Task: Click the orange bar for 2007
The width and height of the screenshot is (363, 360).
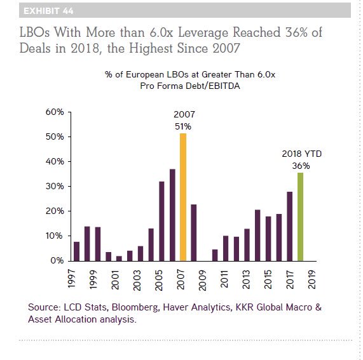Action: [x=183, y=197]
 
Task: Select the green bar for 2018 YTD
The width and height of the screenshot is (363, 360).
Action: [x=300, y=217]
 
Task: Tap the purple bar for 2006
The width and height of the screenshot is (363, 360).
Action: [x=172, y=215]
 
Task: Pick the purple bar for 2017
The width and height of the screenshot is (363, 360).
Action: [x=290, y=227]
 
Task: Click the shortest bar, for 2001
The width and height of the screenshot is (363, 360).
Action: [x=119, y=258]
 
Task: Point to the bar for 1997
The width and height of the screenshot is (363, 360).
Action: [x=76, y=251]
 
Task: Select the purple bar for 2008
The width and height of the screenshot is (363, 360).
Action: [x=194, y=233]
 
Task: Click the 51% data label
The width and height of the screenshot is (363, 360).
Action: [x=183, y=126]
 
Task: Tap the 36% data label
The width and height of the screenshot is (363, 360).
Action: [x=301, y=166]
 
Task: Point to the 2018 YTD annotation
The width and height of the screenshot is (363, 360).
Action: [x=302, y=154]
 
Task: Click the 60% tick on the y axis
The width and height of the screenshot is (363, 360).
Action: [x=55, y=112]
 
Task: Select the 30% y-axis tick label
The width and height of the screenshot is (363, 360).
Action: [x=55, y=186]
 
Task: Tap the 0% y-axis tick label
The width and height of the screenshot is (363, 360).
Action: [x=57, y=260]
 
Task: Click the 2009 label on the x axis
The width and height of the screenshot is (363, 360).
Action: [x=202, y=280]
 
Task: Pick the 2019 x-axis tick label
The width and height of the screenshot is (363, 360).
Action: [x=312, y=279]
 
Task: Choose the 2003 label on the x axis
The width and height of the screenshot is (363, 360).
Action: [x=137, y=280]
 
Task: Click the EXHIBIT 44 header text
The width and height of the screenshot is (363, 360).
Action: [x=48, y=11]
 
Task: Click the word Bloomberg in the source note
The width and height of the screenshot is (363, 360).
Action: [x=135, y=307]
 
